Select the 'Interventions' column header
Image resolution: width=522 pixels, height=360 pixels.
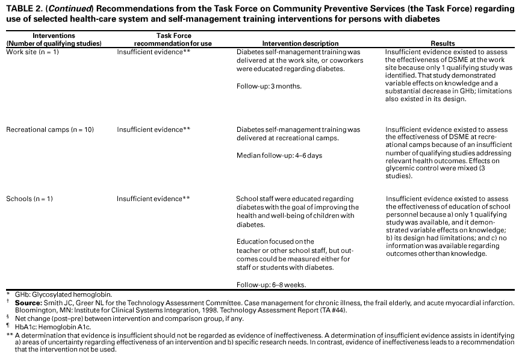tap(54, 36)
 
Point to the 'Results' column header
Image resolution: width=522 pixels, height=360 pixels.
tap(443, 44)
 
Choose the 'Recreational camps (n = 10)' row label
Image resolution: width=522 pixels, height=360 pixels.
tap(50, 129)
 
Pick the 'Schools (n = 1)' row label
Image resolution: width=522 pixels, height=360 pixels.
tap(30, 199)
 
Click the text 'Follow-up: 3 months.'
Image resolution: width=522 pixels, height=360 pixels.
tap(269, 87)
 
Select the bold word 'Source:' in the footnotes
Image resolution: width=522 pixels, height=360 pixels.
tap(29, 302)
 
